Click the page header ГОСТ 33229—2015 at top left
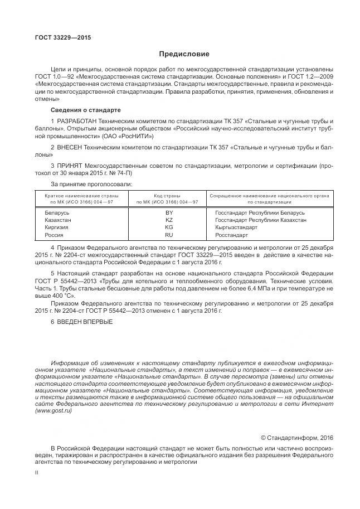(62, 37)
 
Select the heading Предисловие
(184, 54)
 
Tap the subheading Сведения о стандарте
(85, 110)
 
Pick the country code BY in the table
(169, 212)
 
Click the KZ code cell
(169, 220)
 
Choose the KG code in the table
(169, 227)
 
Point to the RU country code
(169, 235)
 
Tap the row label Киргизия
(56, 227)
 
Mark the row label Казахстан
(57, 220)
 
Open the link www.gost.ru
(53, 410)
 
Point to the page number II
(37, 472)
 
